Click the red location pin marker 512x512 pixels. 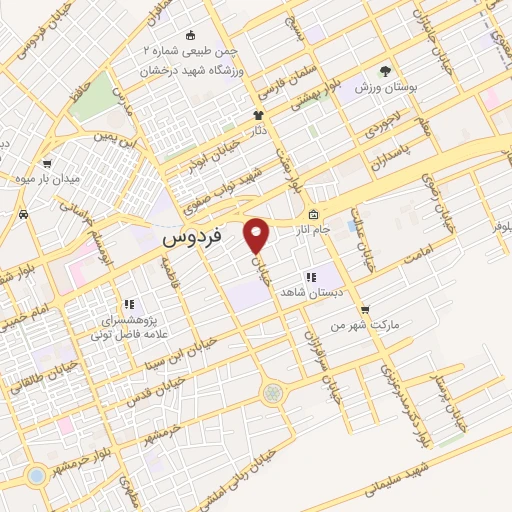(x=257, y=236)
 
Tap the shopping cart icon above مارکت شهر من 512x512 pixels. (x=364, y=309)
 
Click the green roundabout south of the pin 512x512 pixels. (x=272, y=394)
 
